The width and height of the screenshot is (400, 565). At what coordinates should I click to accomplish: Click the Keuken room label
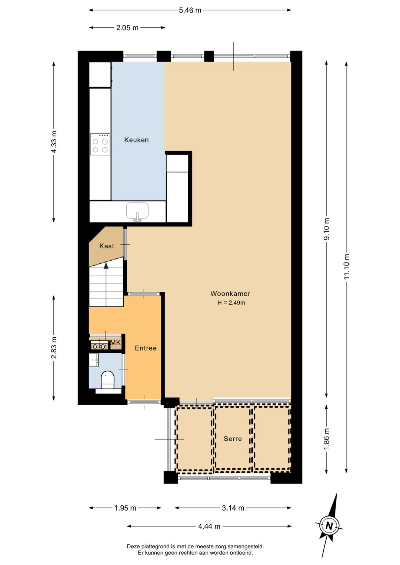point(136,140)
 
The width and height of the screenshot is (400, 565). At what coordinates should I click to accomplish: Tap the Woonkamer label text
point(230,294)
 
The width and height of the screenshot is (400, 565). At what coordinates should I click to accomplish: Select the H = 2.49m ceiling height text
point(231,303)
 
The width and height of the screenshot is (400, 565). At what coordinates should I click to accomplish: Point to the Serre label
point(233,439)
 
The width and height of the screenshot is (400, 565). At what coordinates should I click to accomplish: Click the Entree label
point(146,348)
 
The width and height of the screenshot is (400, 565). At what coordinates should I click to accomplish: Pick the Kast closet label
point(107,246)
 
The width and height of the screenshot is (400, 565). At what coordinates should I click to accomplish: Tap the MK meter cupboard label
point(116,343)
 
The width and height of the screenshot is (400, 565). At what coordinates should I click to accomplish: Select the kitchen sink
point(137,211)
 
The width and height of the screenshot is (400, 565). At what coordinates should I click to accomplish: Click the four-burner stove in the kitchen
point(100,144)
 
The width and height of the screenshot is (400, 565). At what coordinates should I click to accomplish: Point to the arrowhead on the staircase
point(106,265)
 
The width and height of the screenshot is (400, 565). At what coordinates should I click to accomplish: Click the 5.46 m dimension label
point(190,10)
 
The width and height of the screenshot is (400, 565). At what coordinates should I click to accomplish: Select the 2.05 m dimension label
point(127,28)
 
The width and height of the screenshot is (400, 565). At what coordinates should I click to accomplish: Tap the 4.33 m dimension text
point(54,142)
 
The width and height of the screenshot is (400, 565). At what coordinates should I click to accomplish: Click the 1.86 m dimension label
point(327,439)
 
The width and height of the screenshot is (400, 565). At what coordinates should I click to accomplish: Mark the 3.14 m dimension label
point(233,508)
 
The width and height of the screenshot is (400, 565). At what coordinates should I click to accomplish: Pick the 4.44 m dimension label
point(209,526)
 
